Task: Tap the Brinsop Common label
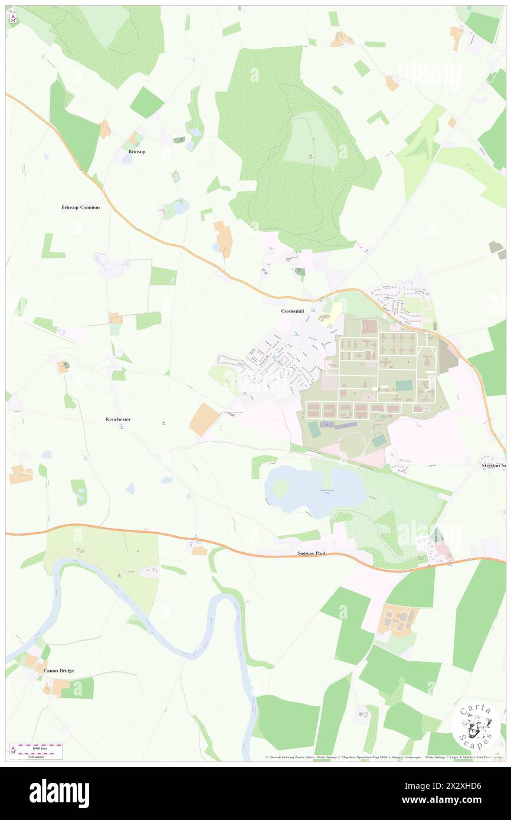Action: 80,208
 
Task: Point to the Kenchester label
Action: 118,419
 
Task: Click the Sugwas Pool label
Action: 310,554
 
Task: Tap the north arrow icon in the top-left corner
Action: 13,18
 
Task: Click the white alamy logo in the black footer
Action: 59,793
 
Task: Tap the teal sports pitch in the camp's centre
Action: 404,385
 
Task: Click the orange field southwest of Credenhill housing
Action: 204,419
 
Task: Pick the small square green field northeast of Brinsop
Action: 146,103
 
